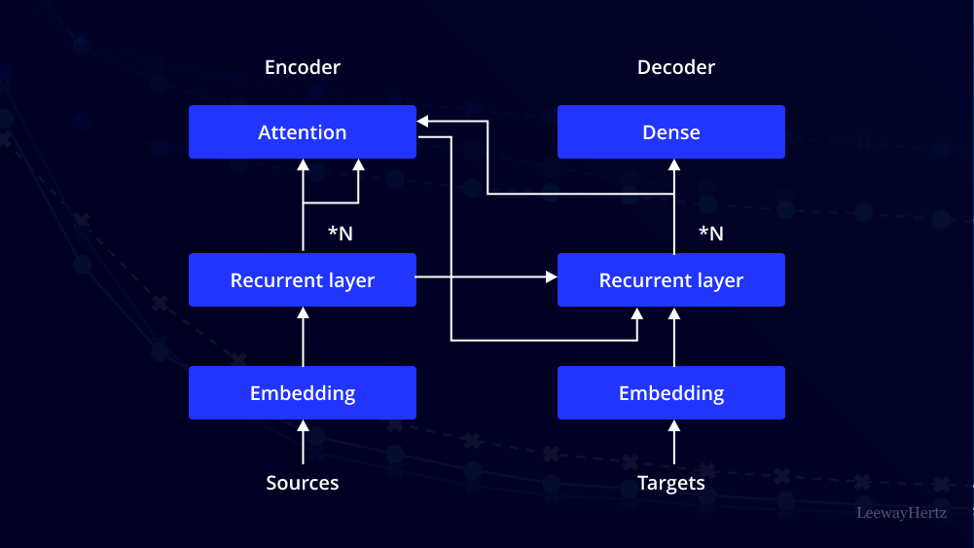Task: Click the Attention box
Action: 303,132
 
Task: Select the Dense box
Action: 671,132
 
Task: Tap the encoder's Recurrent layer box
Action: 303,280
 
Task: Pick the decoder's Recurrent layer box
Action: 671,280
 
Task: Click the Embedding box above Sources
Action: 303,393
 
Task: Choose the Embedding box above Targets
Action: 671,393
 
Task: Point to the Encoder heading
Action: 303,67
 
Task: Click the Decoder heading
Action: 676,67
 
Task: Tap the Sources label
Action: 303,483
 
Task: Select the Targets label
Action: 671,483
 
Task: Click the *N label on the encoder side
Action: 340,234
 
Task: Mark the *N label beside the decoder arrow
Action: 711,234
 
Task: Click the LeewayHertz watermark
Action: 901,512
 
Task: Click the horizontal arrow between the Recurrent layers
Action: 487,277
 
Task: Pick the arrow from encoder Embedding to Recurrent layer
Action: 303,337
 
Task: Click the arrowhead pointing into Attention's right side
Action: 424,121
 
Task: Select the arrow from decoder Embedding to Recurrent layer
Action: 671,337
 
